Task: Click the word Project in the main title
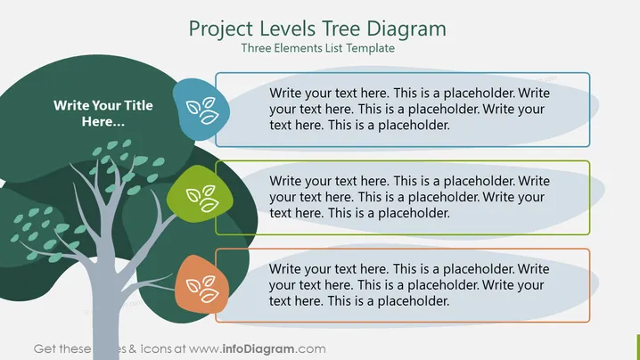221,29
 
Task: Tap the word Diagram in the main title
406,29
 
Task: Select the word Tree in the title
341,29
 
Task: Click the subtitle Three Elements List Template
318,48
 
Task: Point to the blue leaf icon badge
201,110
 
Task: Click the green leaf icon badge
200,194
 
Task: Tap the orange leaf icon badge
201,284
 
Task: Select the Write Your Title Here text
103,113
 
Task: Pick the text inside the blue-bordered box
409,109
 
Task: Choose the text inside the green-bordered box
409,197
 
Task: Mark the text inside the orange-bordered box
409,285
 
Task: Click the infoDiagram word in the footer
258,349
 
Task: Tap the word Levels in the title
287,29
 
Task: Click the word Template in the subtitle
371,48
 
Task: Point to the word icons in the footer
156,349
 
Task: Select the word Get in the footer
44,349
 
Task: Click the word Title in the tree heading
138,105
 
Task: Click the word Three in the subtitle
256,48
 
